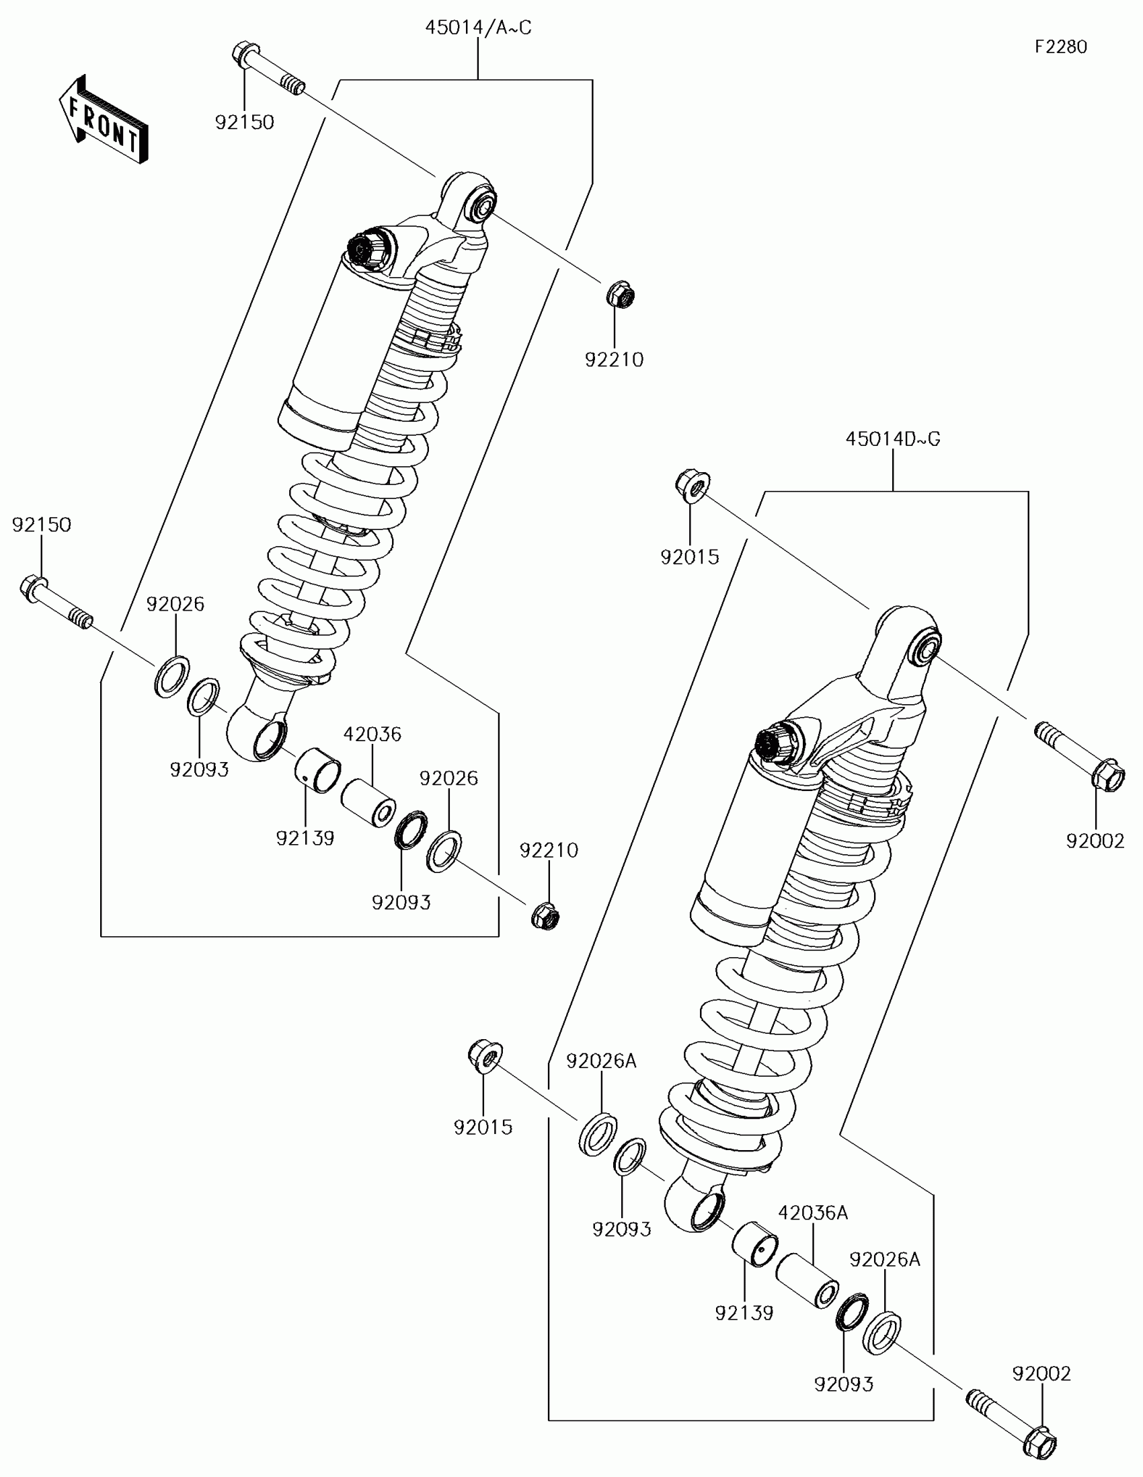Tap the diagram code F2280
point(1060,46)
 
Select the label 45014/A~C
point(478,28)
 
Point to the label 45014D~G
point(892,439)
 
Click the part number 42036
point(372,734)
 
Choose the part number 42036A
point(812,1213)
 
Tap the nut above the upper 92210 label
point(620,295)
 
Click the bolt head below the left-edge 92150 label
point(32,589)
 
